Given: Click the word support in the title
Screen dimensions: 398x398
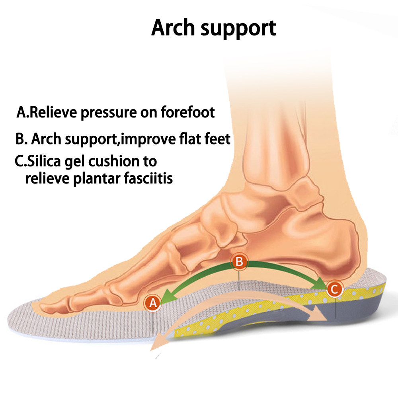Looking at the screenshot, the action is tap(240, 29).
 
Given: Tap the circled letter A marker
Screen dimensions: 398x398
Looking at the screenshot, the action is tap(153, 303).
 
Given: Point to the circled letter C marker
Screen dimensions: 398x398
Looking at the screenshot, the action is tap(334, 289).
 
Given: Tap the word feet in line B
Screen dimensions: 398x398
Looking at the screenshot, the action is tap(217, 139).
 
